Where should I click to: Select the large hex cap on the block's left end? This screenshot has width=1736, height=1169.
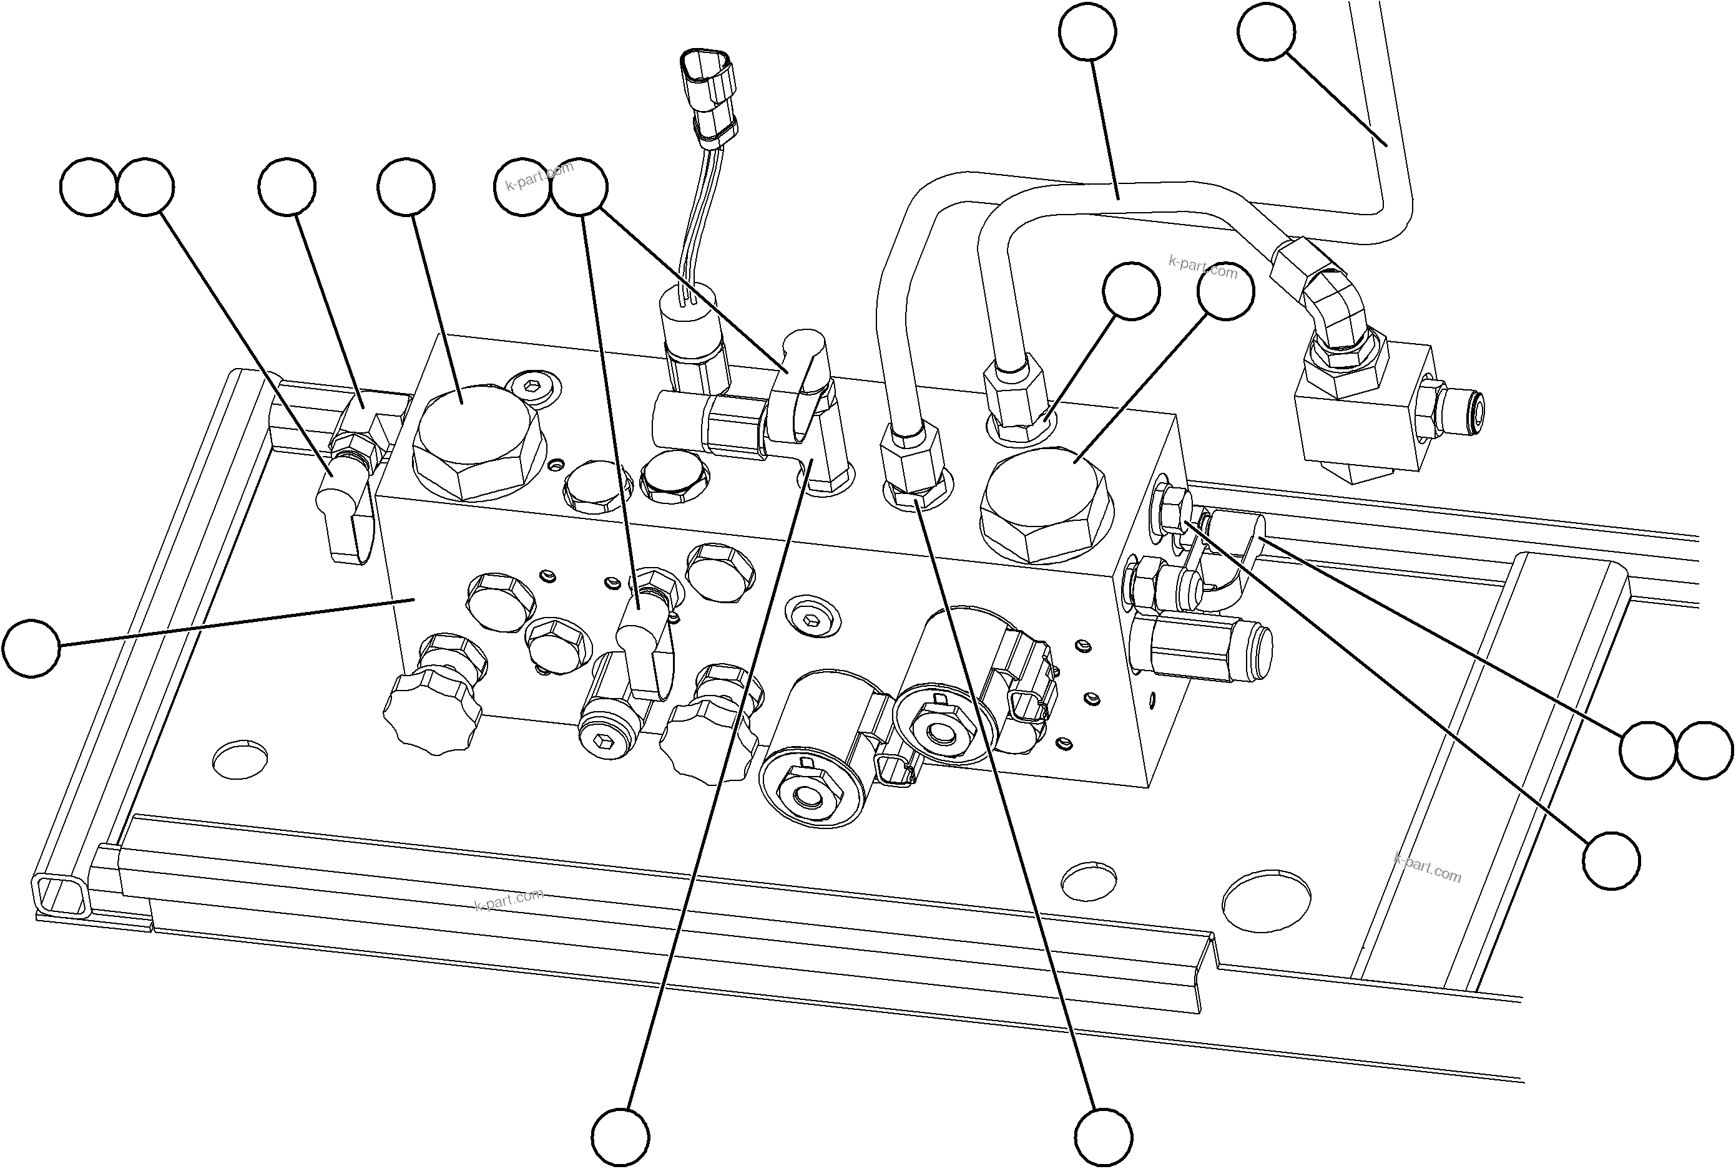click(x=478, y=444)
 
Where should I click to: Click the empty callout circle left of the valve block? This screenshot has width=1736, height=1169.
click(x=31, y=648)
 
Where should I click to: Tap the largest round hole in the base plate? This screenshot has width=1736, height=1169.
click(x=1266, y=901)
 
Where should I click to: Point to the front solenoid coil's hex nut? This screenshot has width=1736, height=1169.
click(x=806, y=798)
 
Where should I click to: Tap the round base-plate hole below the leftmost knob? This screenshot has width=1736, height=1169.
click(x=240, y=759)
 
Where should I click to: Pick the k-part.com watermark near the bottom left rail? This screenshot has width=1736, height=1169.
click(x=509, y=900)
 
